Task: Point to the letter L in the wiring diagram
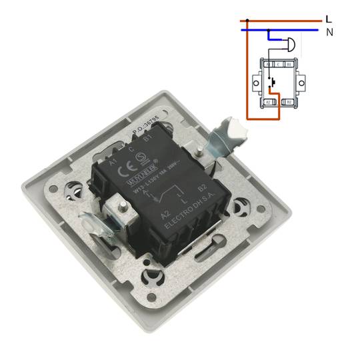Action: coord(328,19)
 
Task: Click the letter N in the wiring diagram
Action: coord(329,31)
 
